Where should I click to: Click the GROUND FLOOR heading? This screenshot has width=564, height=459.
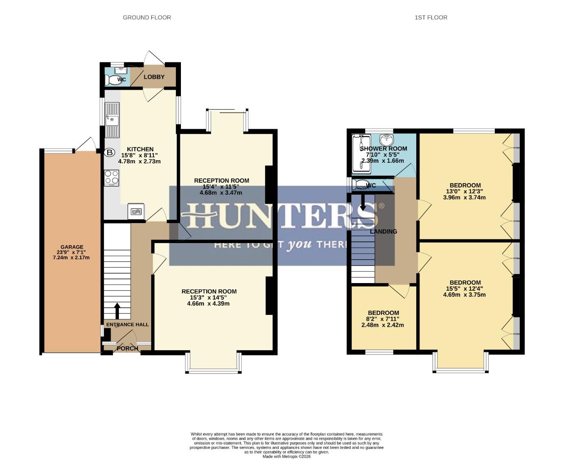(147, 17)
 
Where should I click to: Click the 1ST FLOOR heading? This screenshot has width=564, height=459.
(431, 17)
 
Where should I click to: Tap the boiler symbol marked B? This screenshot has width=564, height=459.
(110, 152)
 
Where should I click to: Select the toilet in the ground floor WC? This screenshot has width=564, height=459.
(112, 80)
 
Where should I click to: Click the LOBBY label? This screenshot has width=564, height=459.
(154, 77)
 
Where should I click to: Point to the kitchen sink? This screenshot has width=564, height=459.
(112, 120)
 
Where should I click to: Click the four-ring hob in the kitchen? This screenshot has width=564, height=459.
(111, 177)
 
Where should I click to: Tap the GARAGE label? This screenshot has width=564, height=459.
(72, 247)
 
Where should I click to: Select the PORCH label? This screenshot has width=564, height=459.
(127, 348)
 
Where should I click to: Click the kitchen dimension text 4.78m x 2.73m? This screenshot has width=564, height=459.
(140, 161)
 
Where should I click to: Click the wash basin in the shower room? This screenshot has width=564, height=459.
(386, 139)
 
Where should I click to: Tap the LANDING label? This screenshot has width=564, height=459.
(384, 232)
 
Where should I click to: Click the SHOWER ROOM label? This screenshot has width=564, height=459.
(384, 149)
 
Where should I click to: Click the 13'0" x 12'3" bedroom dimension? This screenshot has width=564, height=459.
(465, 191)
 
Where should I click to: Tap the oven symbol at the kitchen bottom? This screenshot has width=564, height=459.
(136, 211)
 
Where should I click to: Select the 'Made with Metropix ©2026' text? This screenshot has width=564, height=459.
(287, 456)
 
